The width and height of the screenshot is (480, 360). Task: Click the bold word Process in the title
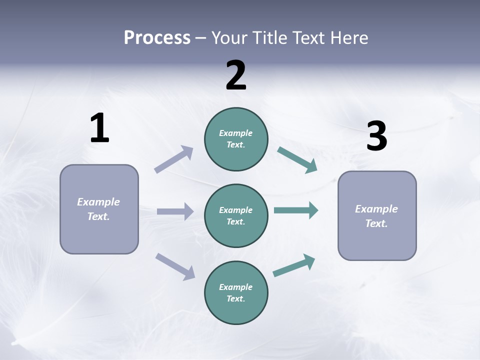coord(157,37)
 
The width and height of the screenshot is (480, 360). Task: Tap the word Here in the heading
coord(348,37)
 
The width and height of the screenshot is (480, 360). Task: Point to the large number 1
coord(99,128)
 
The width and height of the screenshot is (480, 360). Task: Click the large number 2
coord(236,75)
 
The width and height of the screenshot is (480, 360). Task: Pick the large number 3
coord(376,136)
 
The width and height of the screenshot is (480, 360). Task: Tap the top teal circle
coord(236,139)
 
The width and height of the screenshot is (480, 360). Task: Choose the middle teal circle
coord(236,216)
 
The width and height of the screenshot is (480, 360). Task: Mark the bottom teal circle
coord(236,293)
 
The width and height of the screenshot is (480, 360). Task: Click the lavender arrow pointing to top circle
coord(174,159)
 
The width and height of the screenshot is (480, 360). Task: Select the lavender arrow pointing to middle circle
coord(175,211)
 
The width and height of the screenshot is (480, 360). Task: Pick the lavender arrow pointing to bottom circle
coord(175,266)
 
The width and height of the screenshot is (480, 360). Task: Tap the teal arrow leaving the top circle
coord(297,160)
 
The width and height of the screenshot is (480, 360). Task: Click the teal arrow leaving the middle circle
coord(296,210)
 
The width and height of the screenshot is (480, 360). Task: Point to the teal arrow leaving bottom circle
coord(294,265)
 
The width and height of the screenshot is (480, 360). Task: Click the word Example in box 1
coord(98,202)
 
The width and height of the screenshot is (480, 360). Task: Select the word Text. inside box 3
coord(376,223)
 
